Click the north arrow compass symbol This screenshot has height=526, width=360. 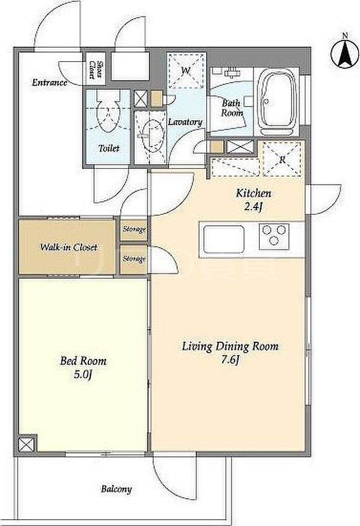click(345, 53)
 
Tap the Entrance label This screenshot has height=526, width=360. click(49, 82)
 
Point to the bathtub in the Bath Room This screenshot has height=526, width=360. click(276, 101)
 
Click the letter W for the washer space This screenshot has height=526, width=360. click(186, 71)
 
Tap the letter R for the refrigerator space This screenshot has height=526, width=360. click(282, 160)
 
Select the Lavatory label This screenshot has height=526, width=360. click(185, 122)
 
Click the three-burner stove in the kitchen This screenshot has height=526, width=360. click(275, 237)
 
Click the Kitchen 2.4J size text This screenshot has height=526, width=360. click(254, 200)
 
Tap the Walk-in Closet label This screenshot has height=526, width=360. click(68, 247)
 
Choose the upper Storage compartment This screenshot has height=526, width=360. click(134, 229)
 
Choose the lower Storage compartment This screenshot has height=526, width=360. click(134, 259)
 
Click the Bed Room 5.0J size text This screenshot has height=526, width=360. click(83, 368)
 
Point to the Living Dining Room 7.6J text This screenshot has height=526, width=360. click(230, 353)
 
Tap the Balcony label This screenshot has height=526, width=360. click(116, 489)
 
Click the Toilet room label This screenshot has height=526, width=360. click(109, 148)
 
